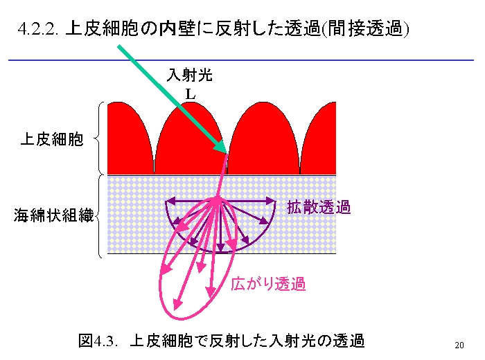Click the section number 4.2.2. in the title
point(38,29)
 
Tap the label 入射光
point(190,75)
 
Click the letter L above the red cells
point(191,94)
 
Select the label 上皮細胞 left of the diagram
point(52,139)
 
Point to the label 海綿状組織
point(53,215)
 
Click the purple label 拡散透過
point(319,207)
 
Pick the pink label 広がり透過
point(268,283)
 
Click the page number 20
point(459,345)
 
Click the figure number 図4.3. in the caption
point(98,341)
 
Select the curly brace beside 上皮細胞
point(98,138)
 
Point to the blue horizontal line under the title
point(241,60)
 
